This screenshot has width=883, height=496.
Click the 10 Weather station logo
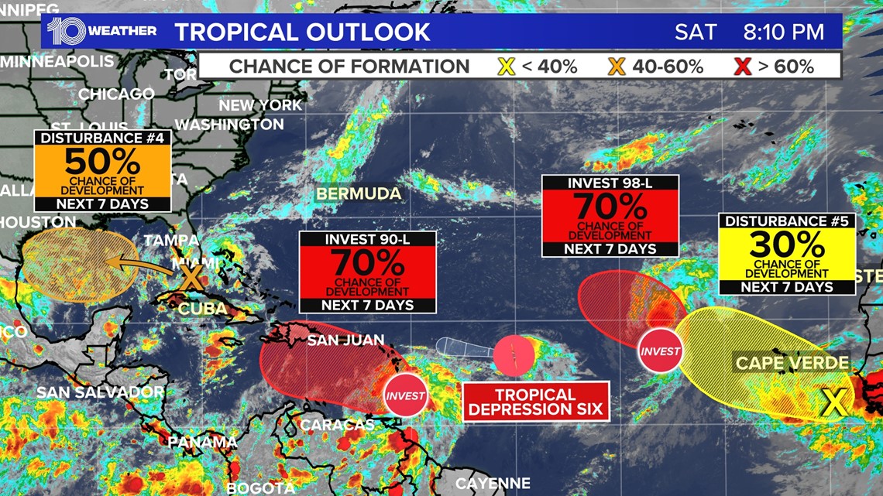coord(101,31)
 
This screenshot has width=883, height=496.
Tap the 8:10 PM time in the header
coord(783,32)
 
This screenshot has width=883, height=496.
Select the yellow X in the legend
coord(506,67)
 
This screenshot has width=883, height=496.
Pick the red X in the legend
coord(742,67)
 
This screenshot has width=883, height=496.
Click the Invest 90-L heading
coord(368,240)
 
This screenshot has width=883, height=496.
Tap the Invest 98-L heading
coord(610,183)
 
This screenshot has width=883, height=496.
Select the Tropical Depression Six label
coord(536,402)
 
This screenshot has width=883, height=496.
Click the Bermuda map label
coord(358,193)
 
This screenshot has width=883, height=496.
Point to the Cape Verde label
coord(792,363)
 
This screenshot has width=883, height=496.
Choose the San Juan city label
coord(345,340)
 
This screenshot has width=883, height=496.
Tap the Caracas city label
coord(337,425)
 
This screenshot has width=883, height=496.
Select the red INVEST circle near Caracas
coord(405,395)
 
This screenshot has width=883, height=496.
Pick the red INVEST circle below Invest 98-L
coord(660,351)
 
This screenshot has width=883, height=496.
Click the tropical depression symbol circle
coord(514,356)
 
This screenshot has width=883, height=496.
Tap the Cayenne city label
coord(493,484)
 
